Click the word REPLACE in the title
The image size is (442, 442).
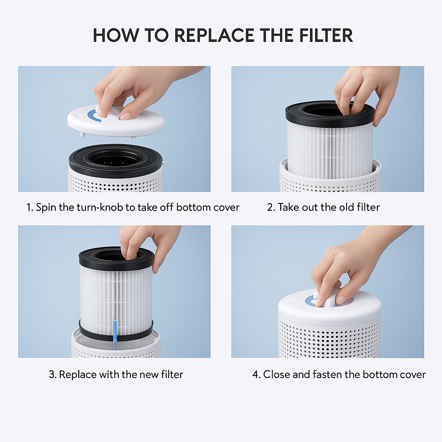point(214,35)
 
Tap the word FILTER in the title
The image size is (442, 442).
point(326,35)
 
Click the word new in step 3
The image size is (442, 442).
point(149,375)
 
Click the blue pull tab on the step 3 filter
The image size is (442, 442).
point(115,331)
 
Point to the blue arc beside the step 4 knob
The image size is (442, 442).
point(308,302)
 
